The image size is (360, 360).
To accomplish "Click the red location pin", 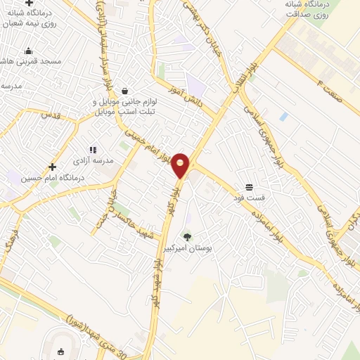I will point(181,165).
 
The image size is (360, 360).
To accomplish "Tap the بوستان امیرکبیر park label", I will point(193,249).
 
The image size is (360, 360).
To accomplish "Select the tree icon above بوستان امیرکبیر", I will point(187,237).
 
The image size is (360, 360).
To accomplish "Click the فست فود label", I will point(249,198).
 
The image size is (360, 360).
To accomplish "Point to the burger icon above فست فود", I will point(249,187).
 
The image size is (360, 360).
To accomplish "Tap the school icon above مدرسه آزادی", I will point(92,150).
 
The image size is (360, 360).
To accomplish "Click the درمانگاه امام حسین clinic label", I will point(53,179).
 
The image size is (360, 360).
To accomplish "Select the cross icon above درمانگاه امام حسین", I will point(52,167).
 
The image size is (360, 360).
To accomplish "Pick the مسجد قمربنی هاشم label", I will point(31,62).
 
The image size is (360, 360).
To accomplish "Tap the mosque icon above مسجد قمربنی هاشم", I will point(28,51).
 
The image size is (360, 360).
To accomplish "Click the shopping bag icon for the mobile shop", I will point(124,91).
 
